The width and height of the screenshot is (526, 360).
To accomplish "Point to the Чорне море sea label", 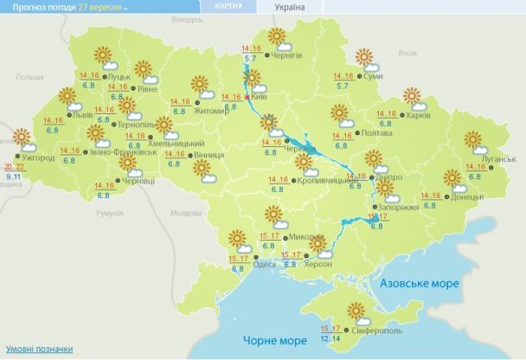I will [271, 339].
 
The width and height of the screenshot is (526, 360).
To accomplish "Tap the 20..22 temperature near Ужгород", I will [13, 166].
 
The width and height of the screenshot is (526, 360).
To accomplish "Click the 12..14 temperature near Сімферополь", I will [330, 338].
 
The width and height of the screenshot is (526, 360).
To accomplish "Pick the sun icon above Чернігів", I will [278, 36].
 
